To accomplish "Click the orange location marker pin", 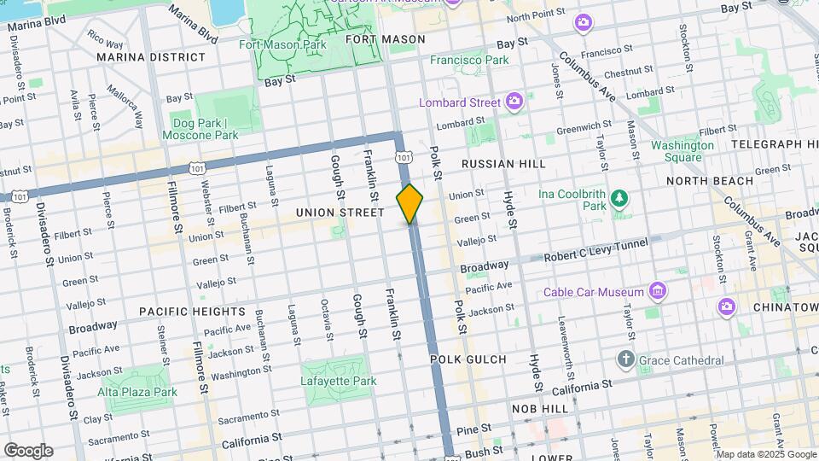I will (x=409, y=203).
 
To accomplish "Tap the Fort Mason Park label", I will (x=282, y=44).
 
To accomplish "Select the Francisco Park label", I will (x=469, y=61).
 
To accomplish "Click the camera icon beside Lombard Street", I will (x=514, y=102).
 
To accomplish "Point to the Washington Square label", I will (x=682, y=151).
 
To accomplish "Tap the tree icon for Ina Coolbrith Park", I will (x=619, y=199).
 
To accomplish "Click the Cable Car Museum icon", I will (x=657, y=292).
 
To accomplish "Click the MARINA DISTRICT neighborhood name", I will (x=151, y=57).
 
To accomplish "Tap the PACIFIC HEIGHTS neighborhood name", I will (x=192, y=312).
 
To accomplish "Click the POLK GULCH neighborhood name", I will (x=468, y=359).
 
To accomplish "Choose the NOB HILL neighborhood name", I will (x=540, y=409).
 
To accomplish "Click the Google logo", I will (x=28, y=451).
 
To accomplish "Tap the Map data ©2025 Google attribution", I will (x=767, y=453).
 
